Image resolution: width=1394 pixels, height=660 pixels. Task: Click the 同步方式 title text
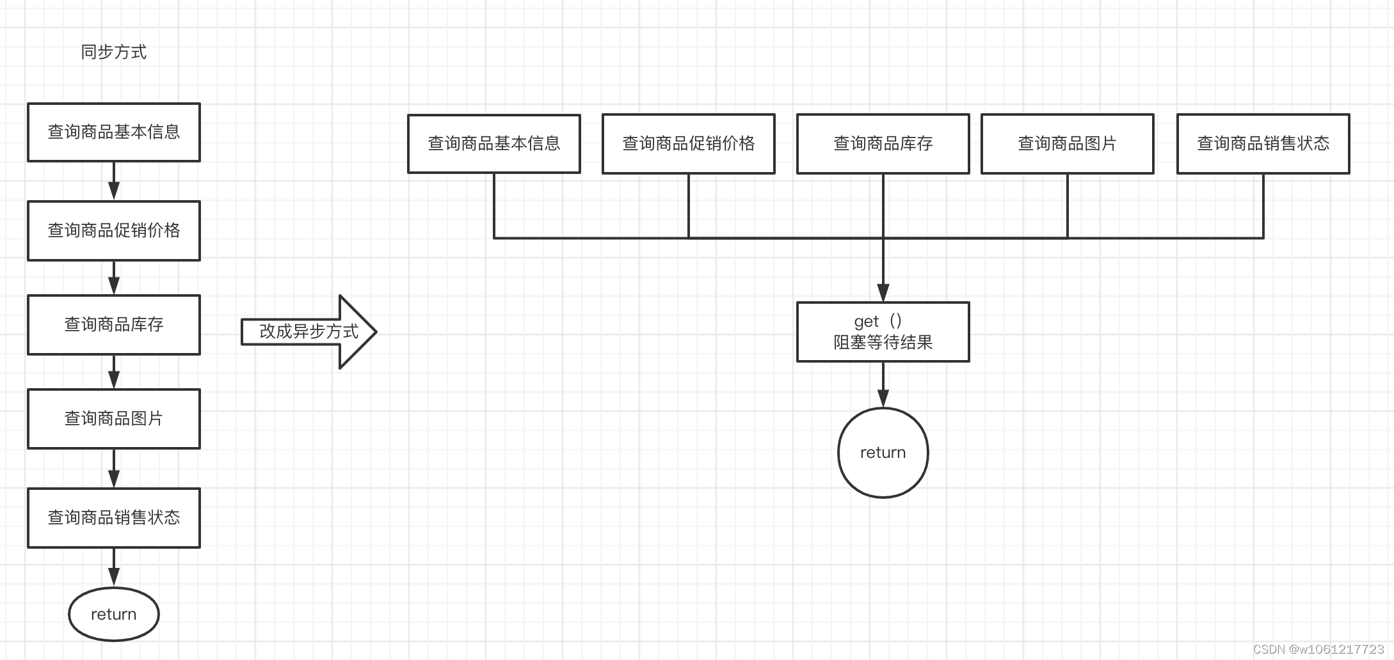pos(113,52)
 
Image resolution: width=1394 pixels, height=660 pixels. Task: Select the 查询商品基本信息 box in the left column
pos(114,132)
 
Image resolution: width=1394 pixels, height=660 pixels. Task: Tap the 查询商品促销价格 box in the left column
pos(114,231)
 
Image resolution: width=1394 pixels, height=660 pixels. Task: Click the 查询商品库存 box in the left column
pos(114,325)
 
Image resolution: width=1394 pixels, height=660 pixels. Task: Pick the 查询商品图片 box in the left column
pos(114,419)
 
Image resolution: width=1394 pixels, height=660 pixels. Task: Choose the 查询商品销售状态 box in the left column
pos(114,517)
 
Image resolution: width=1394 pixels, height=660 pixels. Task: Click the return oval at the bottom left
pos(114,614)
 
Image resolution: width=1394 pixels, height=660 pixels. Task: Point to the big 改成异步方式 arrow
pos(309,331)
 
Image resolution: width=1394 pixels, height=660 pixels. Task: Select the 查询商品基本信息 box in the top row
pos(494,144)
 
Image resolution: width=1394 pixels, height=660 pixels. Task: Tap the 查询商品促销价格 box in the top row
pos(689,144)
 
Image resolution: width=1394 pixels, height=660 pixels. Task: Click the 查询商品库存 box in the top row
pos(883,144)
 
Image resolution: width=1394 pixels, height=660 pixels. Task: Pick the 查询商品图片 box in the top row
pos(1068,144)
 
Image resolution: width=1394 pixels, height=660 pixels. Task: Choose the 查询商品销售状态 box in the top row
pos(1263,144)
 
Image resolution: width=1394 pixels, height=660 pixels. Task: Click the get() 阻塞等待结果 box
pos(883,332)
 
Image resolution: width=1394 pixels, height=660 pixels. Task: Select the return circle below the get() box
pos(883,453)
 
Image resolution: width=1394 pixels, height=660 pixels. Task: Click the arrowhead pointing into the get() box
pos(883,293)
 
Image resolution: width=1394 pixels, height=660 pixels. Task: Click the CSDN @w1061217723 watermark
pos(1318,649)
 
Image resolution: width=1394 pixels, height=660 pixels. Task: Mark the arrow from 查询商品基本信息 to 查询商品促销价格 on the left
pos(114,182)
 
